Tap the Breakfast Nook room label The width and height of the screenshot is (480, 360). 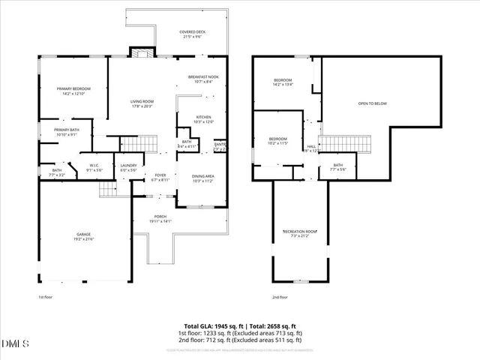pos(203,79)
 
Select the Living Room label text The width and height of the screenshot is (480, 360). pos(141,103)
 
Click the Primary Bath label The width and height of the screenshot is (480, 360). pos(66,133)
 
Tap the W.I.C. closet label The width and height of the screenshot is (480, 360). pos(94,167)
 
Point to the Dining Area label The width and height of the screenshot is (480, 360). pos(203,178)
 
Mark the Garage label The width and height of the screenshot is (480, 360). pos(82,236)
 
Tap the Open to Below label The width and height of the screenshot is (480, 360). pos(372,103)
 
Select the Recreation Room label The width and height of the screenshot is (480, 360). pos(300,233)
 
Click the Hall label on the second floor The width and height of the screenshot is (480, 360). pos(311,148)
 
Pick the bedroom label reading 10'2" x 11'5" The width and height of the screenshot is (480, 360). pos(277,141)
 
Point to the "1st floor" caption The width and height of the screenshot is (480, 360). pos(46,296)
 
